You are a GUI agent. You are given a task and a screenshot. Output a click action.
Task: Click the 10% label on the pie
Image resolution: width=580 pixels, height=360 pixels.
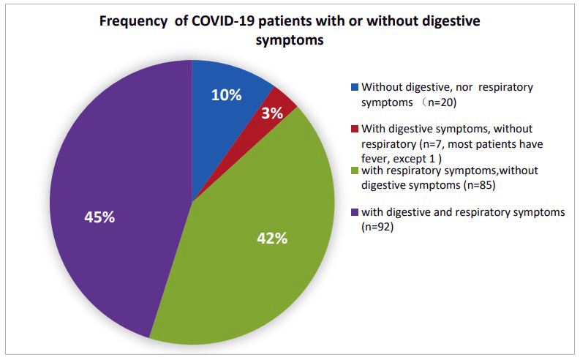(227, 95)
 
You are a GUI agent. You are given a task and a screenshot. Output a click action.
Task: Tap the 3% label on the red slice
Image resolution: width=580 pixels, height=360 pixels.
(272, 113)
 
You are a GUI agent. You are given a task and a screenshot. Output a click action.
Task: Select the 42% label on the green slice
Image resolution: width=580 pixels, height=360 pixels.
(272, 239)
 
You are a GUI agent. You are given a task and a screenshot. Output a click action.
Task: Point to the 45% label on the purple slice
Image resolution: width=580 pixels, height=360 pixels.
(99, 217)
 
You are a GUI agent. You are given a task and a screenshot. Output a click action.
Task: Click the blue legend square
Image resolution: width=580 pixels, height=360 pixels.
(355, 87)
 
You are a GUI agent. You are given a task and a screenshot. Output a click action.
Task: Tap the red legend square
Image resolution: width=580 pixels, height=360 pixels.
(355, 129)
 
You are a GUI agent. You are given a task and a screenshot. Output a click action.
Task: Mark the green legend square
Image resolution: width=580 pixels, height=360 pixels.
(355, 170)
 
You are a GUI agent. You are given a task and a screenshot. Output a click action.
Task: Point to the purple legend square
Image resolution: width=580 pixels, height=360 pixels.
(355, 212)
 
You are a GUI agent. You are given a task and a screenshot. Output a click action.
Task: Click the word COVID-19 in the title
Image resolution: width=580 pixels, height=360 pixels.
(222, 21)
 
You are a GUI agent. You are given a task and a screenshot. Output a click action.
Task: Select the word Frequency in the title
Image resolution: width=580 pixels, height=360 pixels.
(134, 22)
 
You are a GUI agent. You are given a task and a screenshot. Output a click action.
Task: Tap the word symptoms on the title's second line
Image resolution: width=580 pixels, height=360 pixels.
(290, 40)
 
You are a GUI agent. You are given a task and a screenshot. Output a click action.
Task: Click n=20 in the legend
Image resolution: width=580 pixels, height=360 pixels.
(440, 102)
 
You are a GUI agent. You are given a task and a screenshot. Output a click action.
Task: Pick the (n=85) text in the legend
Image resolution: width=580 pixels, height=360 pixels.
(479, 185)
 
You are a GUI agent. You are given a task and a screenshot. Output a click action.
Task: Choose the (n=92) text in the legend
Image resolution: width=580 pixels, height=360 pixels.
(377, 227)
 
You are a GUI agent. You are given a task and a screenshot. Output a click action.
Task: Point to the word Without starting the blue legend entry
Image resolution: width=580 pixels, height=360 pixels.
(382, 87)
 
